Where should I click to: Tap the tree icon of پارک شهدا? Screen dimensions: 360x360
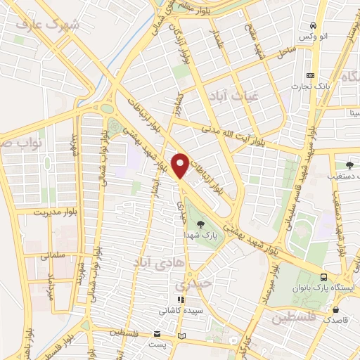point(202,224)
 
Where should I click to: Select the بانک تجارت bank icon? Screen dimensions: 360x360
point(310,76)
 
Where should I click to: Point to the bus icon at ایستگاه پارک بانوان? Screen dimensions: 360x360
point(323,278)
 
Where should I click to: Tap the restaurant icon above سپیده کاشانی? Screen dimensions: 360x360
point(181,300)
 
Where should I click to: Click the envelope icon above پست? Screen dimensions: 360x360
point(158,334)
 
